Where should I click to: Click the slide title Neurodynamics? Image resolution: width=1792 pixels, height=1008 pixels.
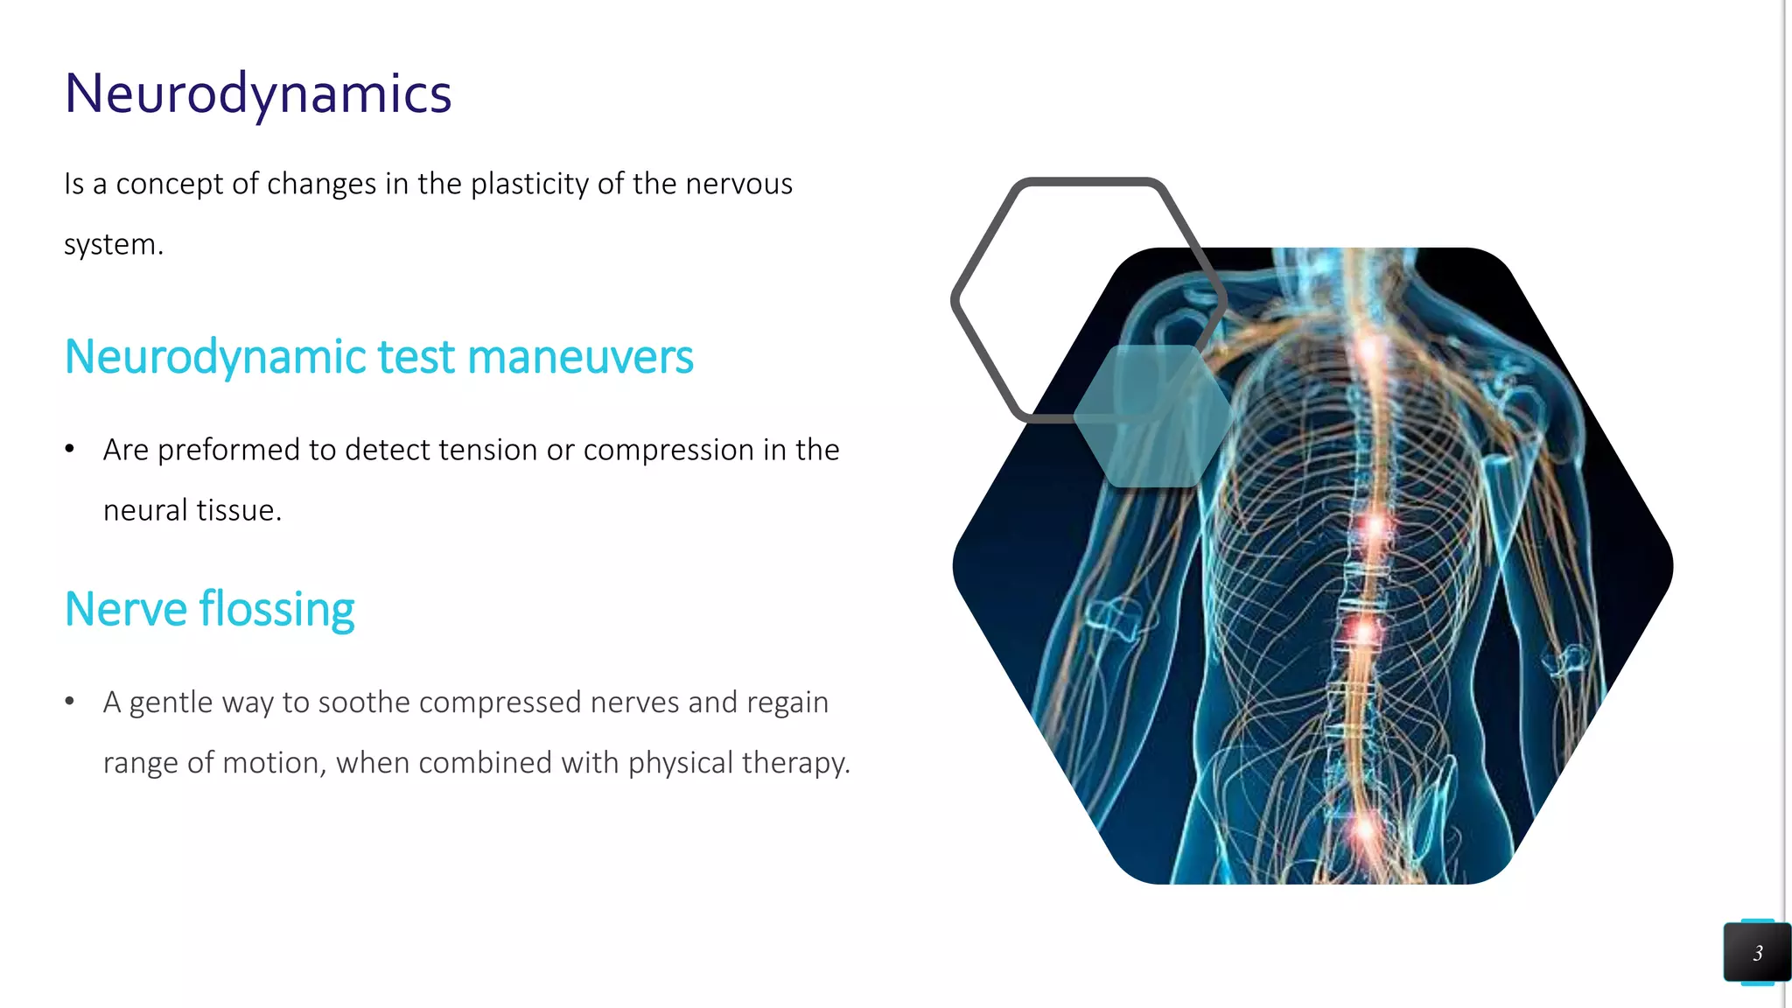tap(258, 94)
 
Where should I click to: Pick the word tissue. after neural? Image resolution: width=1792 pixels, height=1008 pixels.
tap(238, 510)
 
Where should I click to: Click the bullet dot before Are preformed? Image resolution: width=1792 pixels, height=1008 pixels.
tap(70, 450)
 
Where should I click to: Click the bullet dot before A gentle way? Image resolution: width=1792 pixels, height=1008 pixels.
tap(70, 702)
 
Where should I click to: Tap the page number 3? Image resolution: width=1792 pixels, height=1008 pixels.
tap(1757, 953)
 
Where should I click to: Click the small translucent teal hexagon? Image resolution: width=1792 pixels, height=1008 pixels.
tap(1152, 416)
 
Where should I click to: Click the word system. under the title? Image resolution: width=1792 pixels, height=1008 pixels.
tap(114, 245)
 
